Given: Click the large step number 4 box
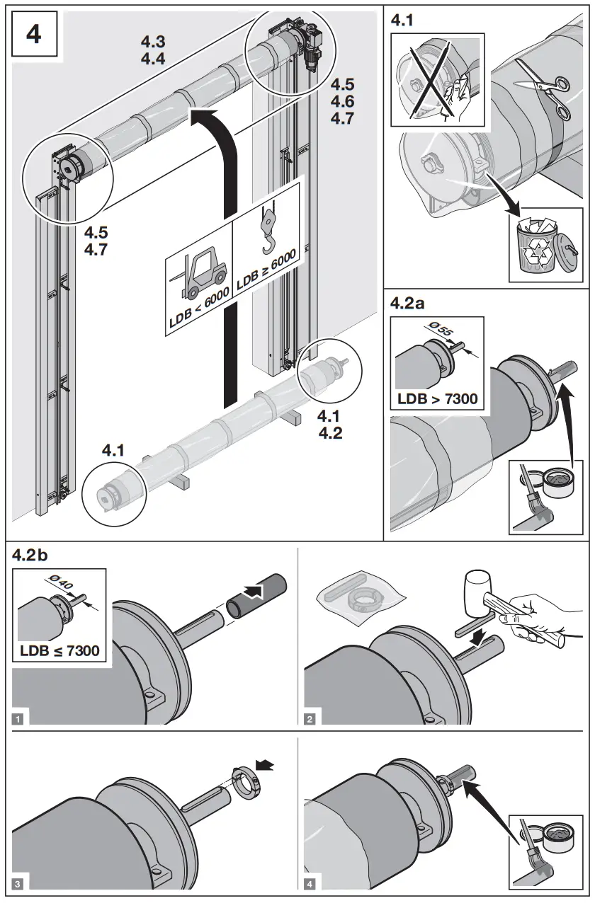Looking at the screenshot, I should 33,34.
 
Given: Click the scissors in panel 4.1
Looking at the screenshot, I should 544,88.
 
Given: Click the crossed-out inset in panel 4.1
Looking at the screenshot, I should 437,79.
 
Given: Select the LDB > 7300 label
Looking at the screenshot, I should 437,398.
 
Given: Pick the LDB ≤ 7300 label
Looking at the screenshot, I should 59,650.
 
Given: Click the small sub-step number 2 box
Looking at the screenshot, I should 310,720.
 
